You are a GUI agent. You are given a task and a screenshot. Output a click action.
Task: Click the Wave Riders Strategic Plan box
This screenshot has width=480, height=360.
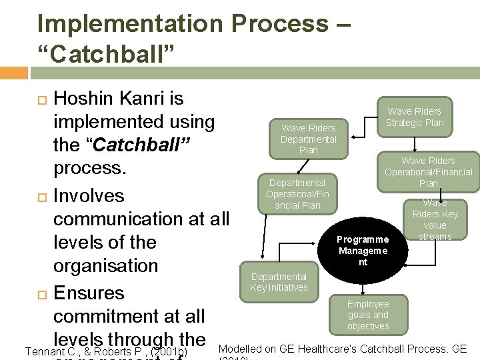click(414, 117)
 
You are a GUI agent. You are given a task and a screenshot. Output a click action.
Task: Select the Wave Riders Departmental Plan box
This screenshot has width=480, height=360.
click(308, 139)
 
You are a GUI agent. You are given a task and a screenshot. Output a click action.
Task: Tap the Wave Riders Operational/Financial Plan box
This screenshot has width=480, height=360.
click(428, 171)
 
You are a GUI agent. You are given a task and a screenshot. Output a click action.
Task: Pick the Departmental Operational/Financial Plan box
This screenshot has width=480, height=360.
click(297, 193)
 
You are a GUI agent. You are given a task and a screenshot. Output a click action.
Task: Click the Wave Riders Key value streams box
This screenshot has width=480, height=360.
click(435, 219)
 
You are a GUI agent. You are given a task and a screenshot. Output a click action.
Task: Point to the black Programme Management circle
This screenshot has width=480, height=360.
click(362, 251)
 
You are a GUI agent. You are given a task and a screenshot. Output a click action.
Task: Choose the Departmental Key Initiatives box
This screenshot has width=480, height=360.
click(279, 281)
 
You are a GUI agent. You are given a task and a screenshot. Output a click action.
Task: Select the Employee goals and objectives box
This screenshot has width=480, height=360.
click(368, 315)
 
